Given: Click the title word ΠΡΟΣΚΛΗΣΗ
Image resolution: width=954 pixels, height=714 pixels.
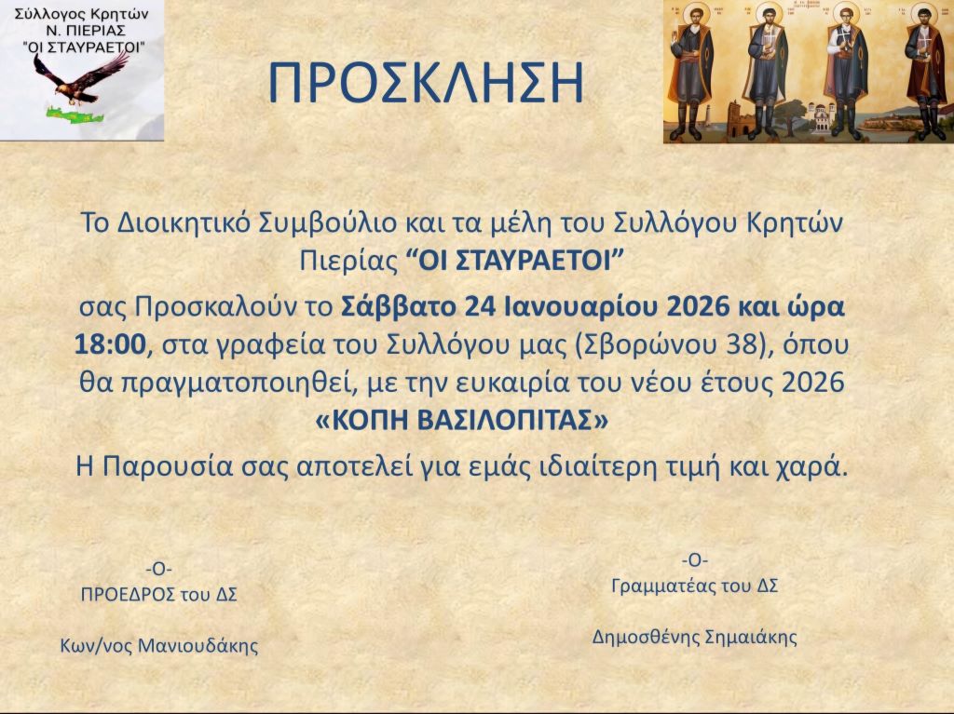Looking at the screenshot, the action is tap(426, 83).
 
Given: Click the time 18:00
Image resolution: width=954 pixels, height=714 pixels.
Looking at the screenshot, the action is tap(111, 344).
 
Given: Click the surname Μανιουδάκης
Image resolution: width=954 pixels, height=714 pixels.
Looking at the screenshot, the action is tap(198, 645).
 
